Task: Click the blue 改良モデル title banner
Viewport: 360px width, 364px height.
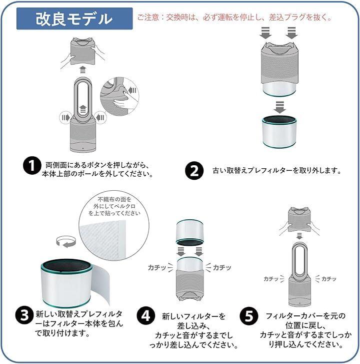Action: tap(74, 19)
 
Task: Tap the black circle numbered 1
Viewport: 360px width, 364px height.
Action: tap(32, 165)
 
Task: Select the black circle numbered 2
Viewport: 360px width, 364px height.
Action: tap(194, 171)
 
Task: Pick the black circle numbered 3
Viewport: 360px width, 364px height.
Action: tap(24, 315)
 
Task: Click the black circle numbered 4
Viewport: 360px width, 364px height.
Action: tap(146, 316)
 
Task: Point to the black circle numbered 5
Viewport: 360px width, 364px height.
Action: tap(249, 316)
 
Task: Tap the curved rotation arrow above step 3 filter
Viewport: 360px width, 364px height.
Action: tap(66, 241)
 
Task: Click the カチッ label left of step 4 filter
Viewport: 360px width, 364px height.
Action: tap(157, 268)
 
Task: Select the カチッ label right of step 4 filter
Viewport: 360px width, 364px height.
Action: tap(222, 267)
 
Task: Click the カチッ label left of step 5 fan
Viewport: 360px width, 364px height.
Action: tap(271, 279)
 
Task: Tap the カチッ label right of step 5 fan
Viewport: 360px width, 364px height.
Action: tap(328, 279)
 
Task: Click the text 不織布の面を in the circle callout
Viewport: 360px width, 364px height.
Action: tap(114, 199)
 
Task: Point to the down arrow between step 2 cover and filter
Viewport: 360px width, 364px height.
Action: tap(279, 107)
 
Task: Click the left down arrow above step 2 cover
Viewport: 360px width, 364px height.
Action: tap(265, 33)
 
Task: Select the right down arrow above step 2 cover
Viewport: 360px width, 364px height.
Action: tap(291, 33)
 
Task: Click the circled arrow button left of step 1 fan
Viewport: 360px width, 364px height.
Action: tap(65, 118)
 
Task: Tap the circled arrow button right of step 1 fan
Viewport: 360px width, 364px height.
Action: tap(101, 118)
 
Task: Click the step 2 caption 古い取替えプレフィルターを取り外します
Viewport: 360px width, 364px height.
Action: tap(277, 171)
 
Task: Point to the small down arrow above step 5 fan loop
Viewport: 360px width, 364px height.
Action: tap(299, 236)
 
